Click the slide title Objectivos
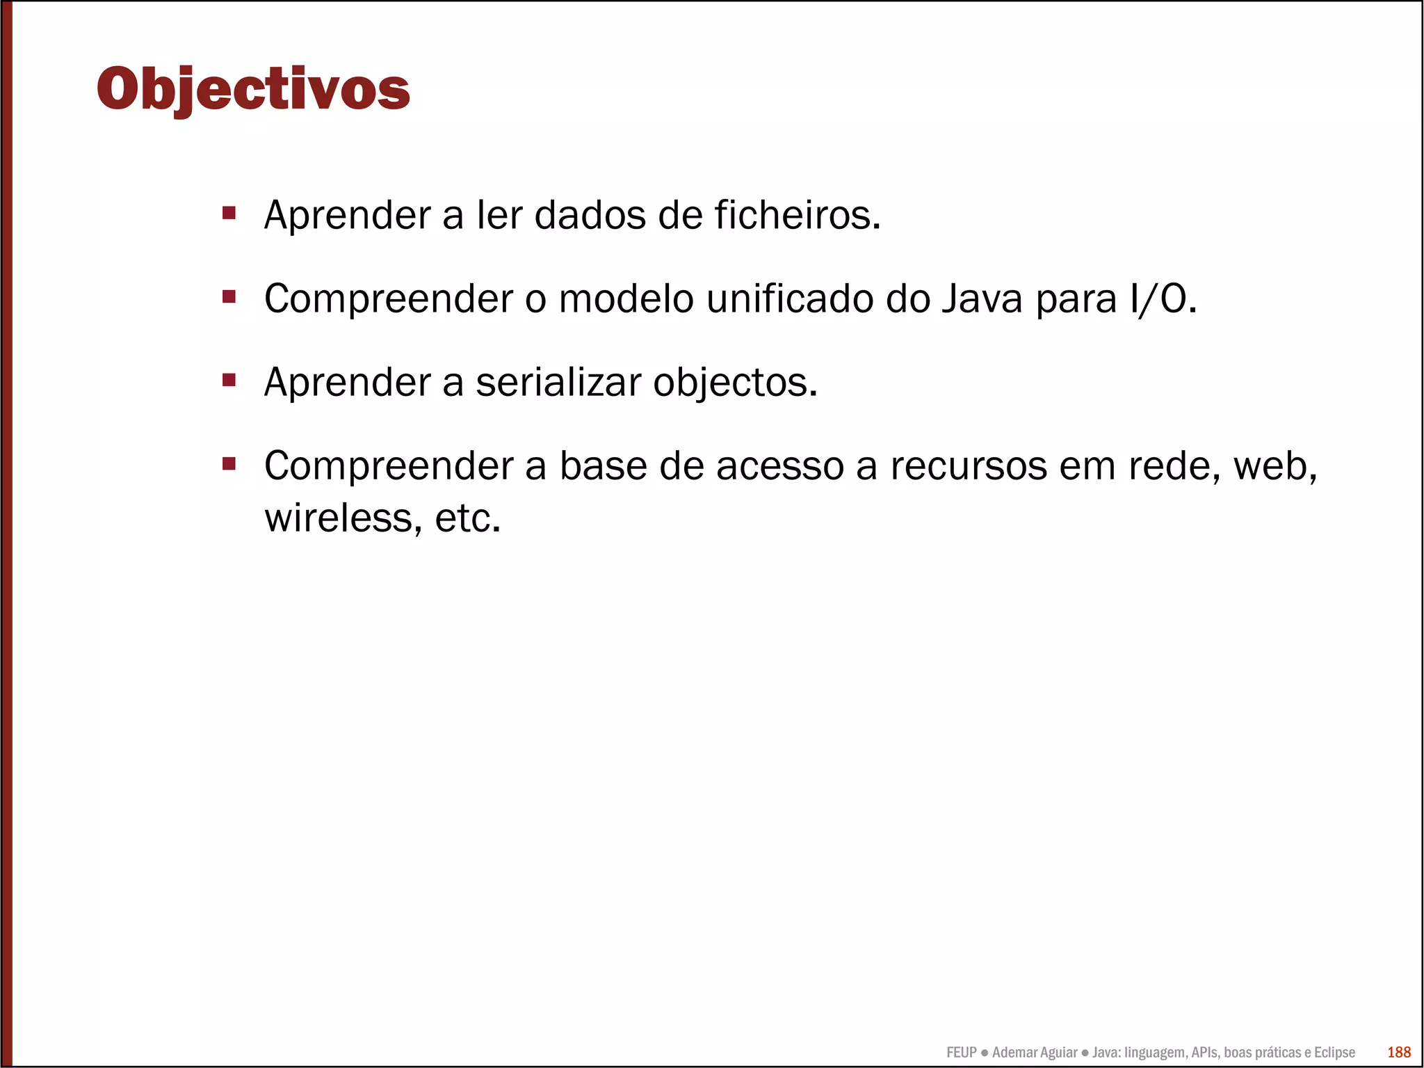pos(254,89)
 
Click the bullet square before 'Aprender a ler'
pos(229,212)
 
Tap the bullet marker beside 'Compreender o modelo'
pos(229,297)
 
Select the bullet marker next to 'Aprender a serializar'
pos(229,380)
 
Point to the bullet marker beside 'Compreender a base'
pos(229,463)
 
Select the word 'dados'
pos(590,215)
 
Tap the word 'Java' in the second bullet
pos(982,299)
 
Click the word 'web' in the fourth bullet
pos(1274,466)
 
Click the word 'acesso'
pos(780,466)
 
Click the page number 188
pos(1399,1052)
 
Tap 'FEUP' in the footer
pos(962,1053)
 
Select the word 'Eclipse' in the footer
pos(1334,1053)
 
